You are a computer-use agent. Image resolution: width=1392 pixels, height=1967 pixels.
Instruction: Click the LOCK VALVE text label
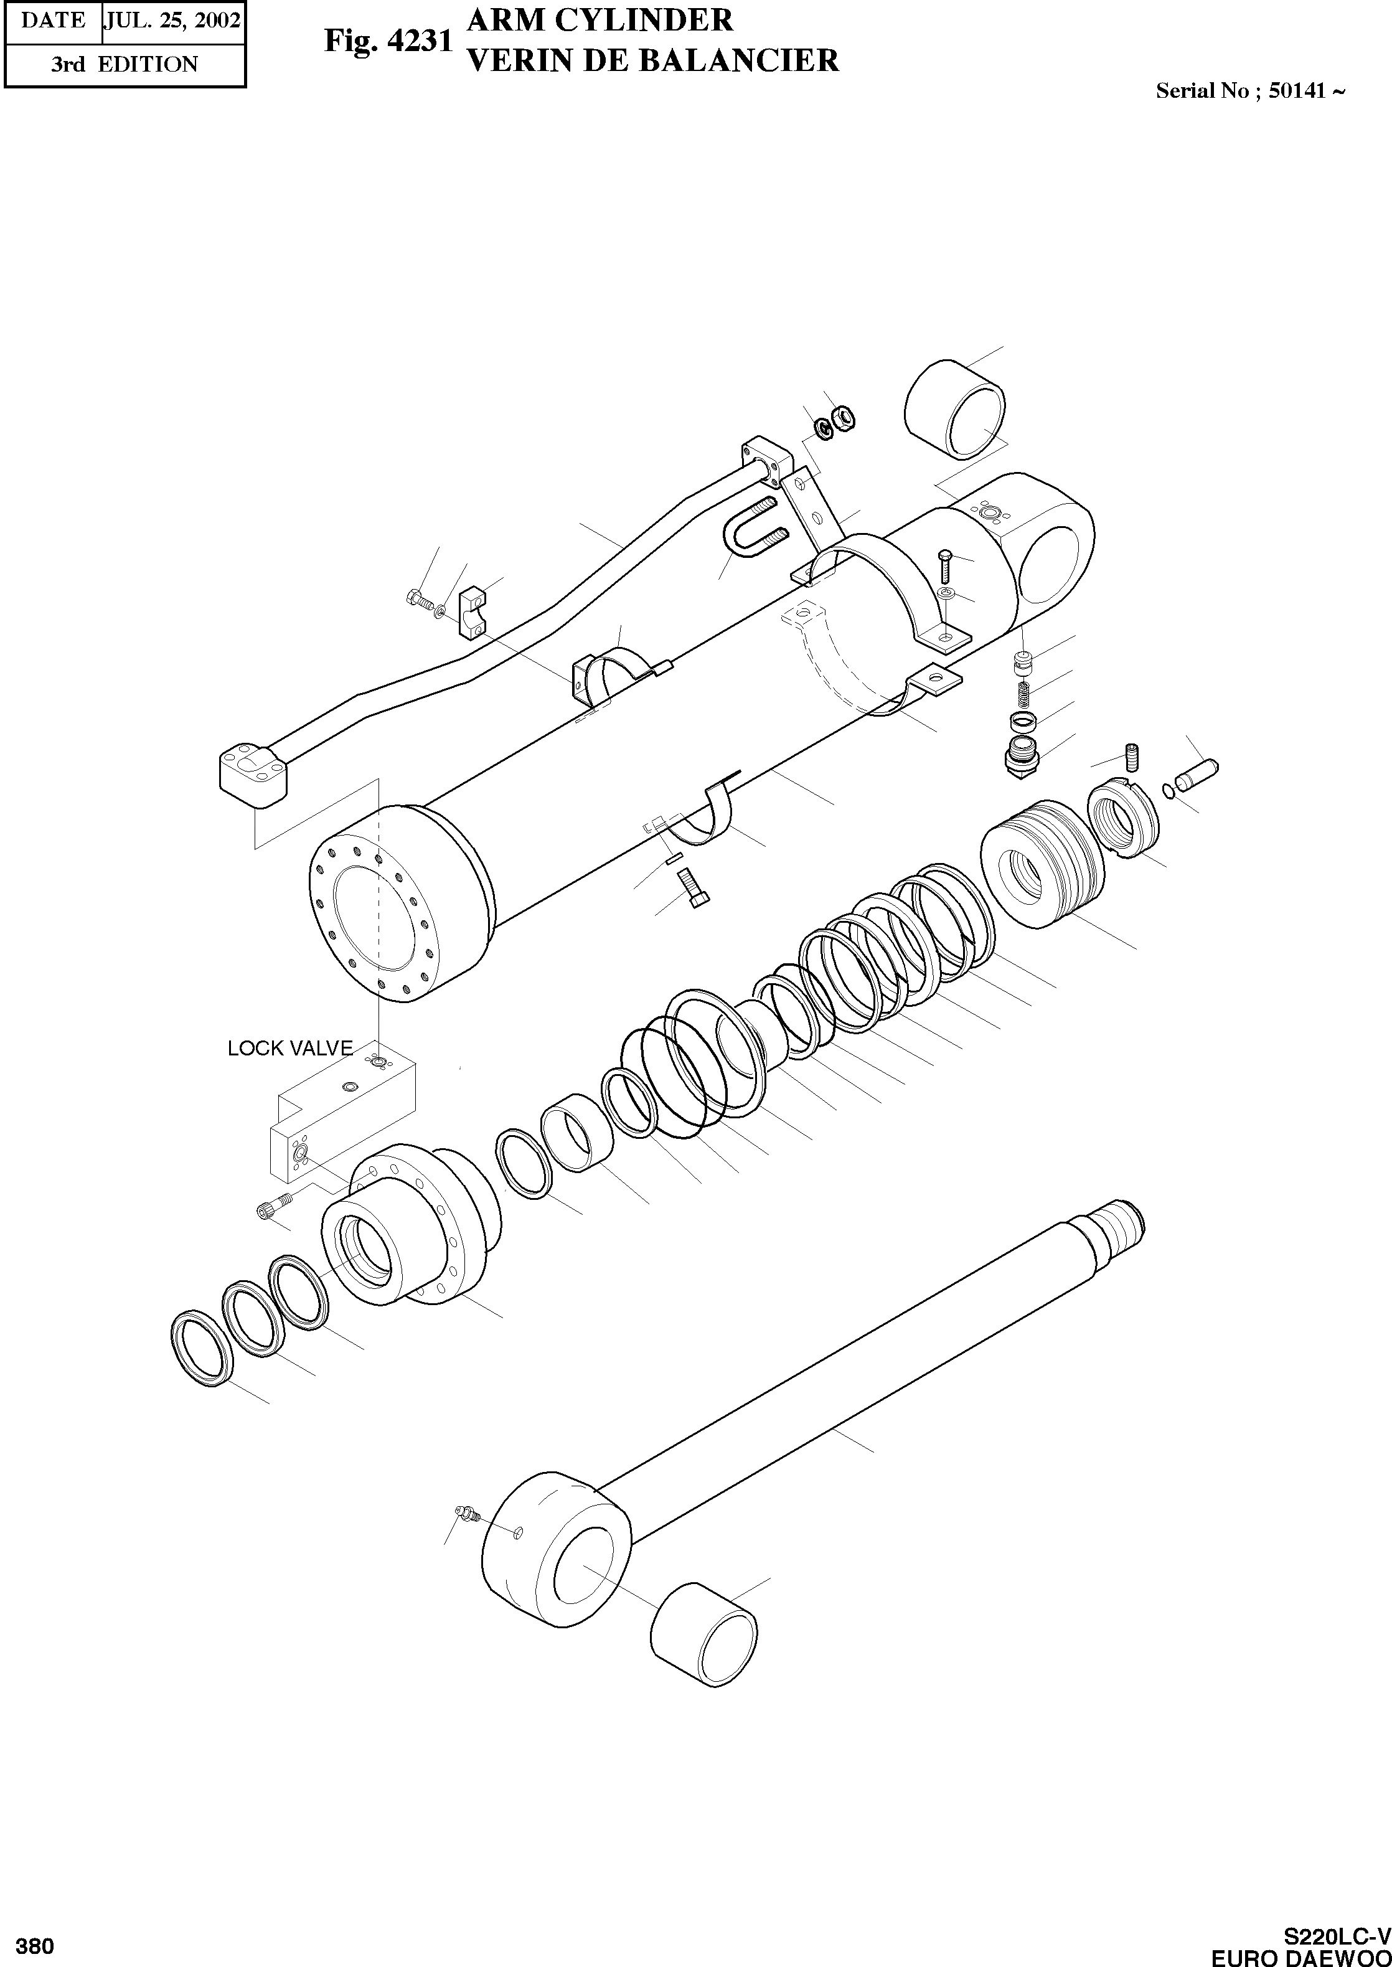tap(289, 1048)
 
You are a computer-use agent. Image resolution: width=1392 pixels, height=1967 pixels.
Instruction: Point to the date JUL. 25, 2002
tap(173, 21)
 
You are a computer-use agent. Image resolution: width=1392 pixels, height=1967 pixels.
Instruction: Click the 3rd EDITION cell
tap(125, 64)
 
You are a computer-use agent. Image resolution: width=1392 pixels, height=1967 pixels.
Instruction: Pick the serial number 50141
tap(1297, 90)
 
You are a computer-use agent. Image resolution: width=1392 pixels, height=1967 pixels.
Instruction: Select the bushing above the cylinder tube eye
tap(954, 410)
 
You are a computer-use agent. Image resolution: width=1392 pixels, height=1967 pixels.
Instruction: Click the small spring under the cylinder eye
tap(1023, 690)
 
